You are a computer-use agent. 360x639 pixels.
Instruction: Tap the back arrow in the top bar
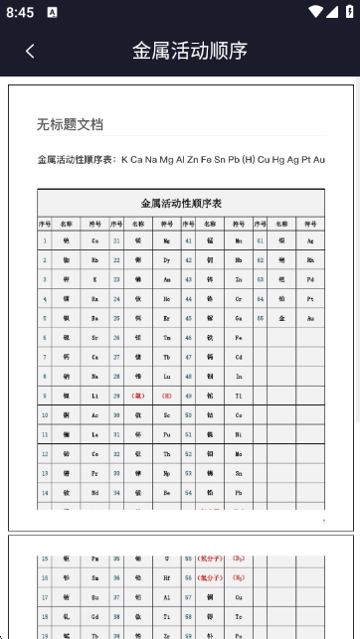coord(30,51)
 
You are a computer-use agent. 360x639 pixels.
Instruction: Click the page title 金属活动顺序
coord(190,51)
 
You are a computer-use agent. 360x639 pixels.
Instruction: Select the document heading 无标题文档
coord(70,124)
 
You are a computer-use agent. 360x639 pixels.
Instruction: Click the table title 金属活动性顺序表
coord(181,204)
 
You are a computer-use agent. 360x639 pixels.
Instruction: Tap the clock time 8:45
coord(18,12)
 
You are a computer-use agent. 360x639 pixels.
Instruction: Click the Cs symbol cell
coord(94,240)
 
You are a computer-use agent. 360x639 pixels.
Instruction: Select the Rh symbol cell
coord(310,259)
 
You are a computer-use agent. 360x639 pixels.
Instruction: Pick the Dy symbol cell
coord(166,259)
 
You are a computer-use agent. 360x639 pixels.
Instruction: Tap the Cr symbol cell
coord(239,298)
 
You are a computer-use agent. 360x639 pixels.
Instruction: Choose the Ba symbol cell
coord(94,318)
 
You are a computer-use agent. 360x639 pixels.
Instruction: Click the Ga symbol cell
coord(239,318)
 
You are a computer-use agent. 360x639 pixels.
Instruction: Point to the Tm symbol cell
coord(166,337)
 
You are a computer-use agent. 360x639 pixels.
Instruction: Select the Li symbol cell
coord(94,395)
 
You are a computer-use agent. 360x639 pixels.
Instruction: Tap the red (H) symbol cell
coord(166,395)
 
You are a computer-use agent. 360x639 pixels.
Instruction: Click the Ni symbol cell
coord(239,434)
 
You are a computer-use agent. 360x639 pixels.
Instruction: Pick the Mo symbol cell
coord(239,453)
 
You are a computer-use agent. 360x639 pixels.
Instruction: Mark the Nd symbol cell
coord(94,492)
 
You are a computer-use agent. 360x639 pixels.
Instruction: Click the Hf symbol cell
coord(166,577)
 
